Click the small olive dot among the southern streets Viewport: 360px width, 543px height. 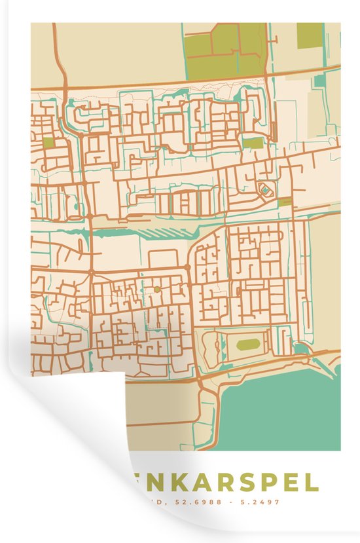[156, 289]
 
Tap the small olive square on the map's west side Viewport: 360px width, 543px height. [48, 141]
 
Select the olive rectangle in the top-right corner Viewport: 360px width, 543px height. [310, 35]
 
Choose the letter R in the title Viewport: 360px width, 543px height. [232, 483]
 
